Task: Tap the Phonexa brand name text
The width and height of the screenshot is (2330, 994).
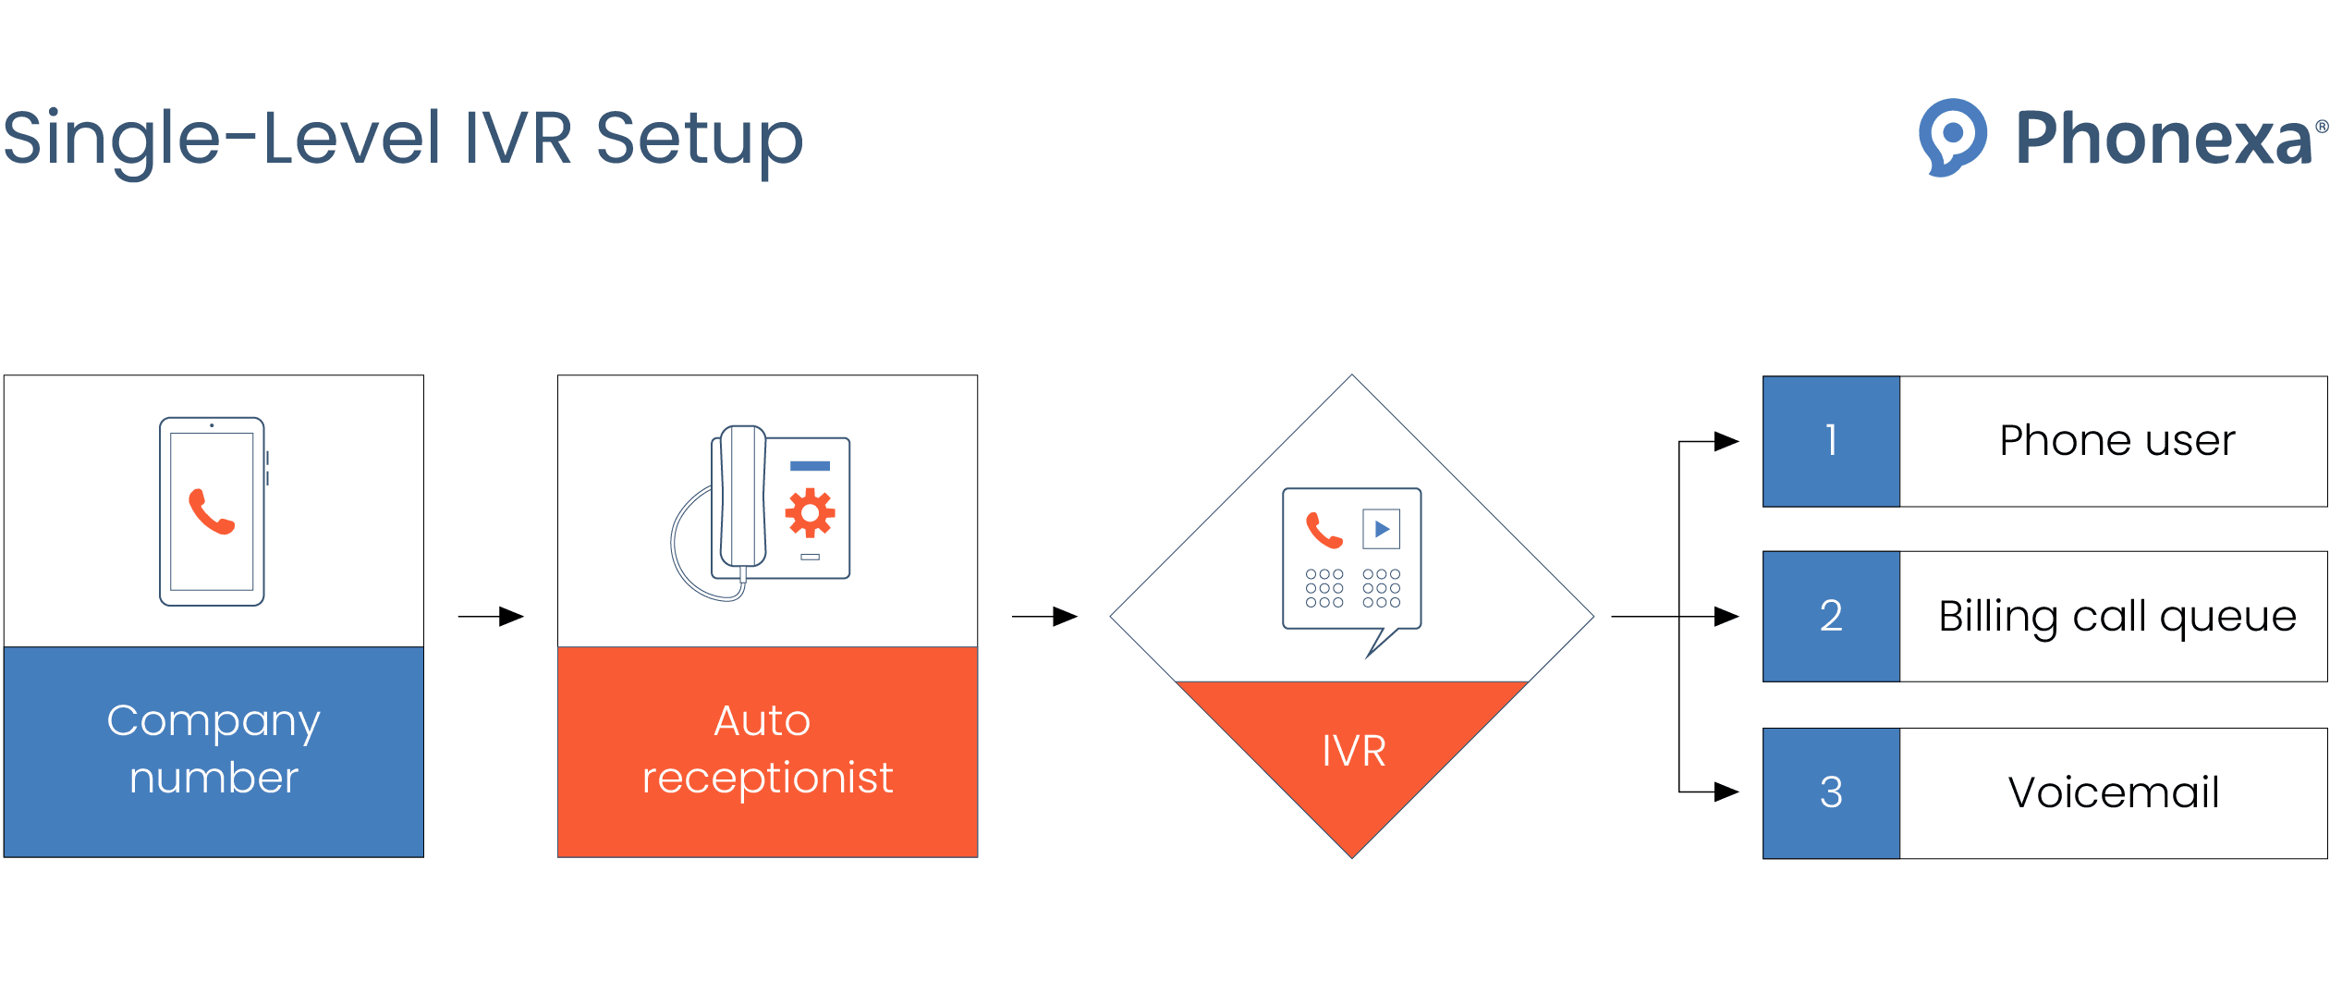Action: [2163, 139]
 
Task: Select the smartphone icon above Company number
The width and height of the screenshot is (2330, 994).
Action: [213, 511]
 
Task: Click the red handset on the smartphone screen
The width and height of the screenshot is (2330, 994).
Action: [212, 511]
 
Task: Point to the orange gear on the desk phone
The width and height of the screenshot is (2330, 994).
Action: [810, 512]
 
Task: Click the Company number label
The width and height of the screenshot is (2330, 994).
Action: [213, 749]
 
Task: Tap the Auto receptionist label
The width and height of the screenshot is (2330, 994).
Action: [767, 749]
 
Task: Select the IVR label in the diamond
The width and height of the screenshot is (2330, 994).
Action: [1353, 751]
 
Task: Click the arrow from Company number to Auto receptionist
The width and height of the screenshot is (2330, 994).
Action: [492, 616]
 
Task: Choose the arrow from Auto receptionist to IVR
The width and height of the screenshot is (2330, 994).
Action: [1045, 616]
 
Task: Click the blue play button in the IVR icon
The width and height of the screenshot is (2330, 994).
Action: [1382, 529]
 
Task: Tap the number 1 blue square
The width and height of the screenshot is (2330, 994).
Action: [1831, 441]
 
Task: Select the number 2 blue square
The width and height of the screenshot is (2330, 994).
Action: [1831, 616]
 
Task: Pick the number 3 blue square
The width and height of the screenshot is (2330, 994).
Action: [1831, 792]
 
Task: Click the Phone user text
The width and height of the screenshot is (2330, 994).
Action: [2117, 441]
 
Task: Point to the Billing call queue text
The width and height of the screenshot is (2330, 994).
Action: [2117, 617]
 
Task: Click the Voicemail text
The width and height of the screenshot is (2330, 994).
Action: [2114, 792]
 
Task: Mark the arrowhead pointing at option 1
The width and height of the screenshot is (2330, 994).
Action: [1726, 441]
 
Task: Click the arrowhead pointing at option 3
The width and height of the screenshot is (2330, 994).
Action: [1726, 792]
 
